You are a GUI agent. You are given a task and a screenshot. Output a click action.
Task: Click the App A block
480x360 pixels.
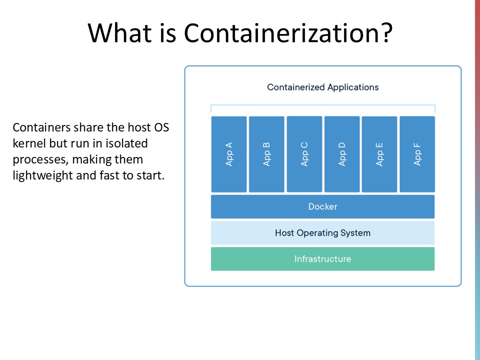pyautogui.click(x=229, y=154)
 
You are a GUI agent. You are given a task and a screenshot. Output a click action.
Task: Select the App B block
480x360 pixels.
pyautogui.click(x=266, y=154)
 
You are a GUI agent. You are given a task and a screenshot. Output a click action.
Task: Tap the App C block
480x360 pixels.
pyautogui.click(x=304, y=154)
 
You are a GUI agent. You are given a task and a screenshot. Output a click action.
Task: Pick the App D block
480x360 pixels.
pyautogui.click(x=342, y=154)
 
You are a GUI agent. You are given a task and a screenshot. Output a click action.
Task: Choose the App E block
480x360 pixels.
pyautogui.click(x=379, y=154)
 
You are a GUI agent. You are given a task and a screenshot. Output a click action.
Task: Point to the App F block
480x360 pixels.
pyautogui.click(x=417, y=154)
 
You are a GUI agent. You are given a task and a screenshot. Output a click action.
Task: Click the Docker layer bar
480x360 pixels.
pyautogui.click(x=322, y=206)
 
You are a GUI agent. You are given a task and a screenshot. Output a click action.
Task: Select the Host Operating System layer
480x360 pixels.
pyautogui.click(x=322, y=233)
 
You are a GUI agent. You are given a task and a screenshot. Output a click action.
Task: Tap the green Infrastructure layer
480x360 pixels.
pyautogui.click(x=322, y=259)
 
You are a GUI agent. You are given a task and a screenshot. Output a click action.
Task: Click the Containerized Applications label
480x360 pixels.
pyautogui.click(x=322, y=87)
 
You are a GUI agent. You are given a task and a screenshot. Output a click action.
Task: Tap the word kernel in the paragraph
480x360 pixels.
pyautogui.click(x=28, y=143)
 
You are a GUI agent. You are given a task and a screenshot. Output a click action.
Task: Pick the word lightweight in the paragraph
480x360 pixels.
pyautogui.click(x=42, y=175)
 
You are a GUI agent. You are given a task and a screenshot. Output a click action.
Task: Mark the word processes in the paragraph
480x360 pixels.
pyautogui.click(x=35, y=159)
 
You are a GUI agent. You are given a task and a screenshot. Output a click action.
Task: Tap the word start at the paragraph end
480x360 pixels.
pyautogui.click(x=150, y=175)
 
